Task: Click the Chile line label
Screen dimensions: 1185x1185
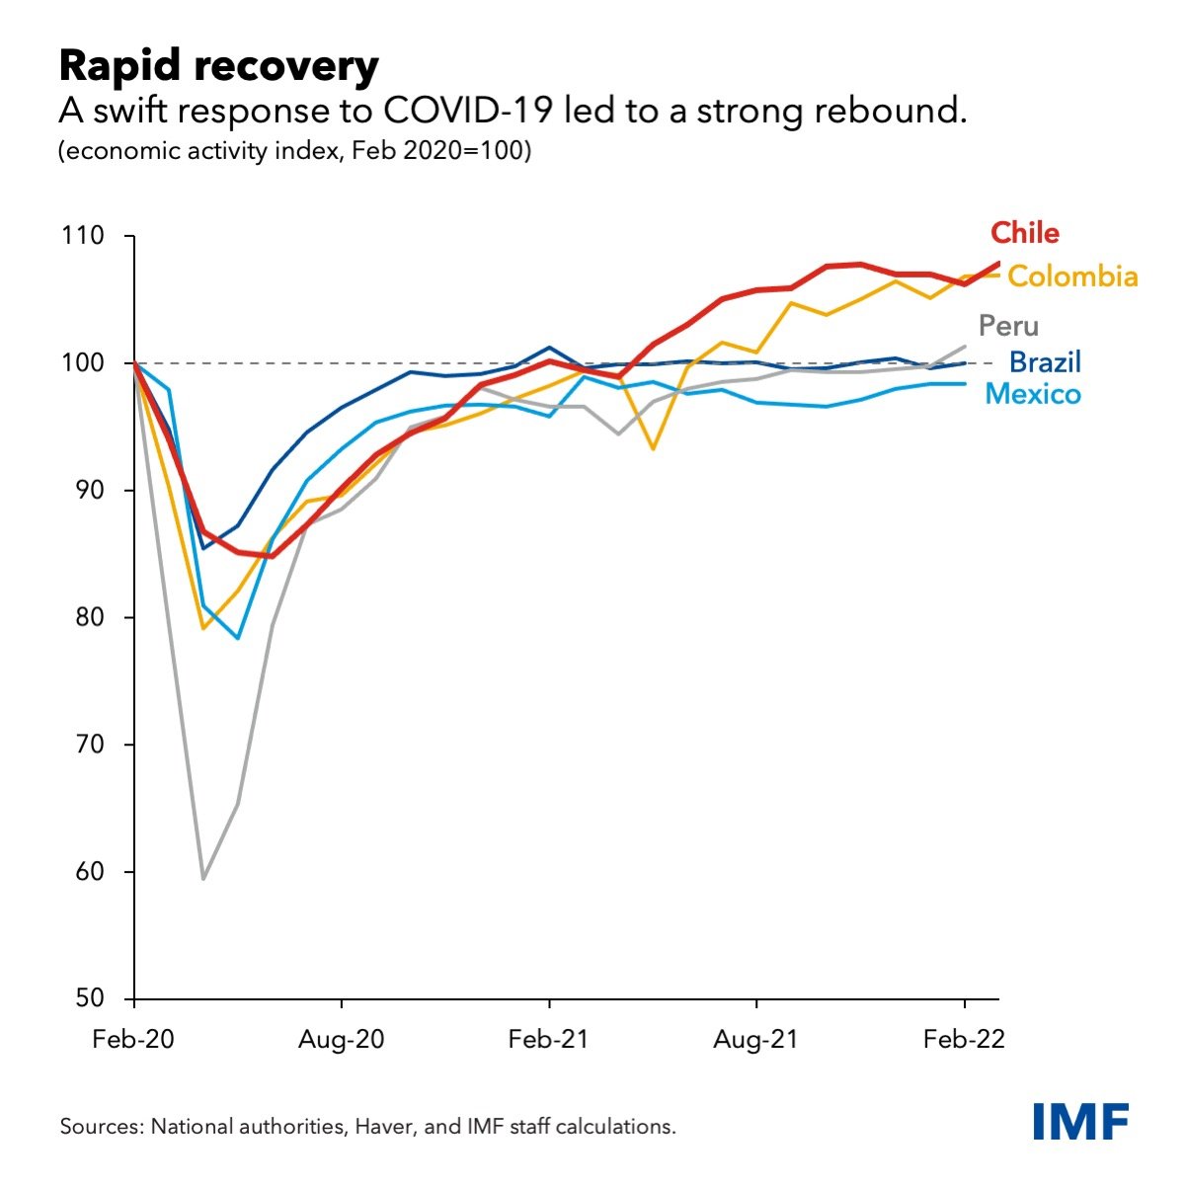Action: pos(1025,233)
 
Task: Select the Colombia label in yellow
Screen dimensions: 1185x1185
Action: pos(1072,276)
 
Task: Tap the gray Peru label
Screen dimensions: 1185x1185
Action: pos(1008,326)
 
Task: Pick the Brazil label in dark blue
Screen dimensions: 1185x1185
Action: pos(1045,361)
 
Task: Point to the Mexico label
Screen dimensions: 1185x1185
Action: pos(1033,395)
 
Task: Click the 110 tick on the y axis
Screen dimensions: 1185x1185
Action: pos(82,236)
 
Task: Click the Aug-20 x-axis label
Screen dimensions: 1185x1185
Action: pos(342,1041)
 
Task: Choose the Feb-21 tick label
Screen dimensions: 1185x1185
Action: pos(549,1041)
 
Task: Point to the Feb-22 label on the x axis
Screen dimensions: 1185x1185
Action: pos(964,1041)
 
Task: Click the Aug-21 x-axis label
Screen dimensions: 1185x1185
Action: pos(756,1041)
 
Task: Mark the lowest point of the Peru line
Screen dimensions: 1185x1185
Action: pos(203,878)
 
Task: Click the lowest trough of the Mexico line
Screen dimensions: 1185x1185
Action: pos(238,638)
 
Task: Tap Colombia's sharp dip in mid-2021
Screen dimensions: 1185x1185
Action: pos(653,448)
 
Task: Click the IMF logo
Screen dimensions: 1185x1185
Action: pos(1080,1122)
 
